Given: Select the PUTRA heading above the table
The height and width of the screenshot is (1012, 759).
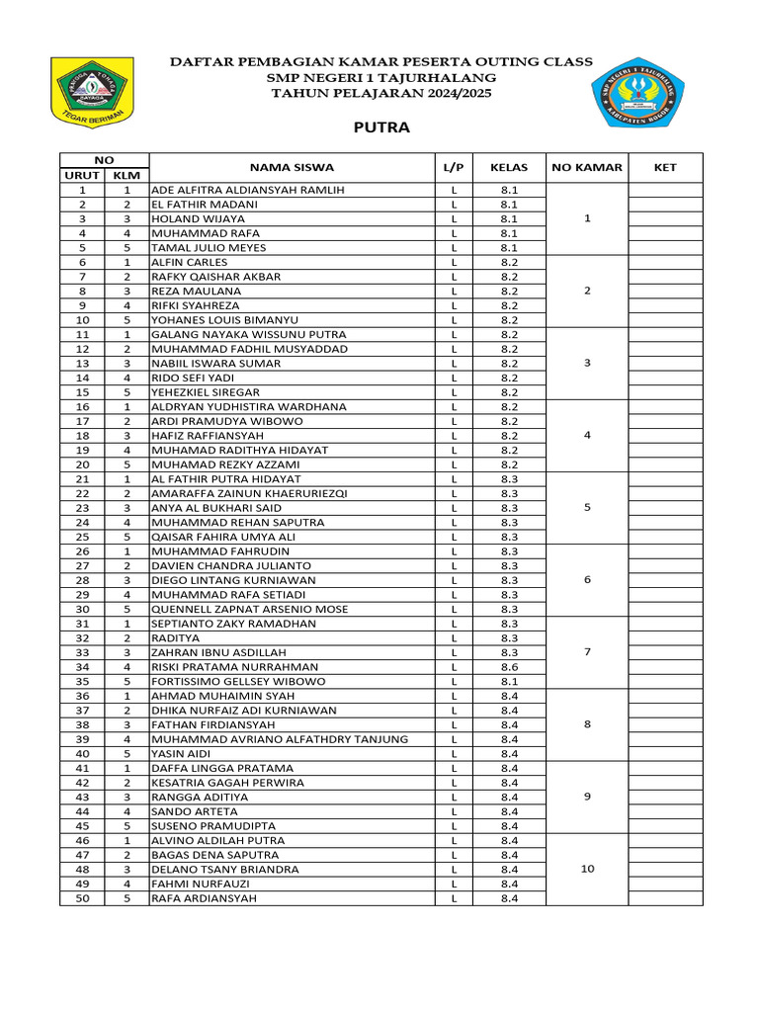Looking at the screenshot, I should click(x=381, y=127).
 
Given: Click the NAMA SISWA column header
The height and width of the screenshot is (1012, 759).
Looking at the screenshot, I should click(x=292, y=167).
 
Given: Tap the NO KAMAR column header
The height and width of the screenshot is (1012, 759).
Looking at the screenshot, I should click(x=587, y=167).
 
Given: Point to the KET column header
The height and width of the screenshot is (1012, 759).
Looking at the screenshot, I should click(x=665, y=167).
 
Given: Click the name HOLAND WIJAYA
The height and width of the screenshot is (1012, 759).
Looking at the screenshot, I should click(x=198, y=218).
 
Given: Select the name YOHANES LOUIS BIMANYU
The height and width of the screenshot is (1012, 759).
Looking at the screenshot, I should click(x=228, y=320).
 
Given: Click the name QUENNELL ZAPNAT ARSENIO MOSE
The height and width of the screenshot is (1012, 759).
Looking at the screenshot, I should click(x=249, y=609).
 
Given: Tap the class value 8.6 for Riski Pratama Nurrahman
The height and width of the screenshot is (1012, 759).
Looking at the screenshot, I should click(x=509, y=667).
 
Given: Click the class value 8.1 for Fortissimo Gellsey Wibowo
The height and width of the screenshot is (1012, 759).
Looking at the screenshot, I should click(x=509, y=681).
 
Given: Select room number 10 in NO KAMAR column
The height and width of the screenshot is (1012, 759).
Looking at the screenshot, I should click(x=587, y=869).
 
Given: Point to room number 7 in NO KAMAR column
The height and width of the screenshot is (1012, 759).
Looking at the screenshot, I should click(x=587, y=652).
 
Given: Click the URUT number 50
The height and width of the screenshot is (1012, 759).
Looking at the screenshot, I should click(x=82, y=898).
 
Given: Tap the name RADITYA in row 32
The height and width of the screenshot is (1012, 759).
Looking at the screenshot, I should click(x=175, y=638).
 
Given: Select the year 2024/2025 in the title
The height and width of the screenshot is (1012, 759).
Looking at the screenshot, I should click(x=445, y=93).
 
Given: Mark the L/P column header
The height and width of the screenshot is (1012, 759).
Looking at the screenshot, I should click(x=454, y=167).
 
